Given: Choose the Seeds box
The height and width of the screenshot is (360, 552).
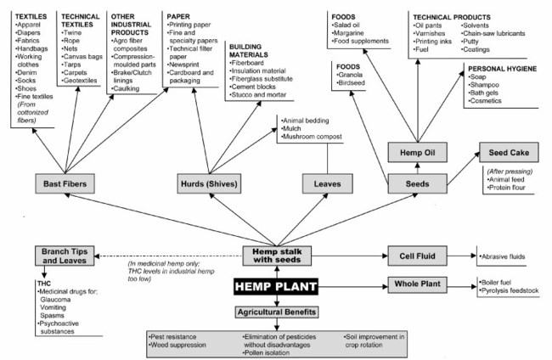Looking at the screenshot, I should [416, 183].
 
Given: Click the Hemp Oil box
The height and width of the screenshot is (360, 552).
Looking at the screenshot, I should [416, 151].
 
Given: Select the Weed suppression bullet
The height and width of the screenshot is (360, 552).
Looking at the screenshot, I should [178, 346].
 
